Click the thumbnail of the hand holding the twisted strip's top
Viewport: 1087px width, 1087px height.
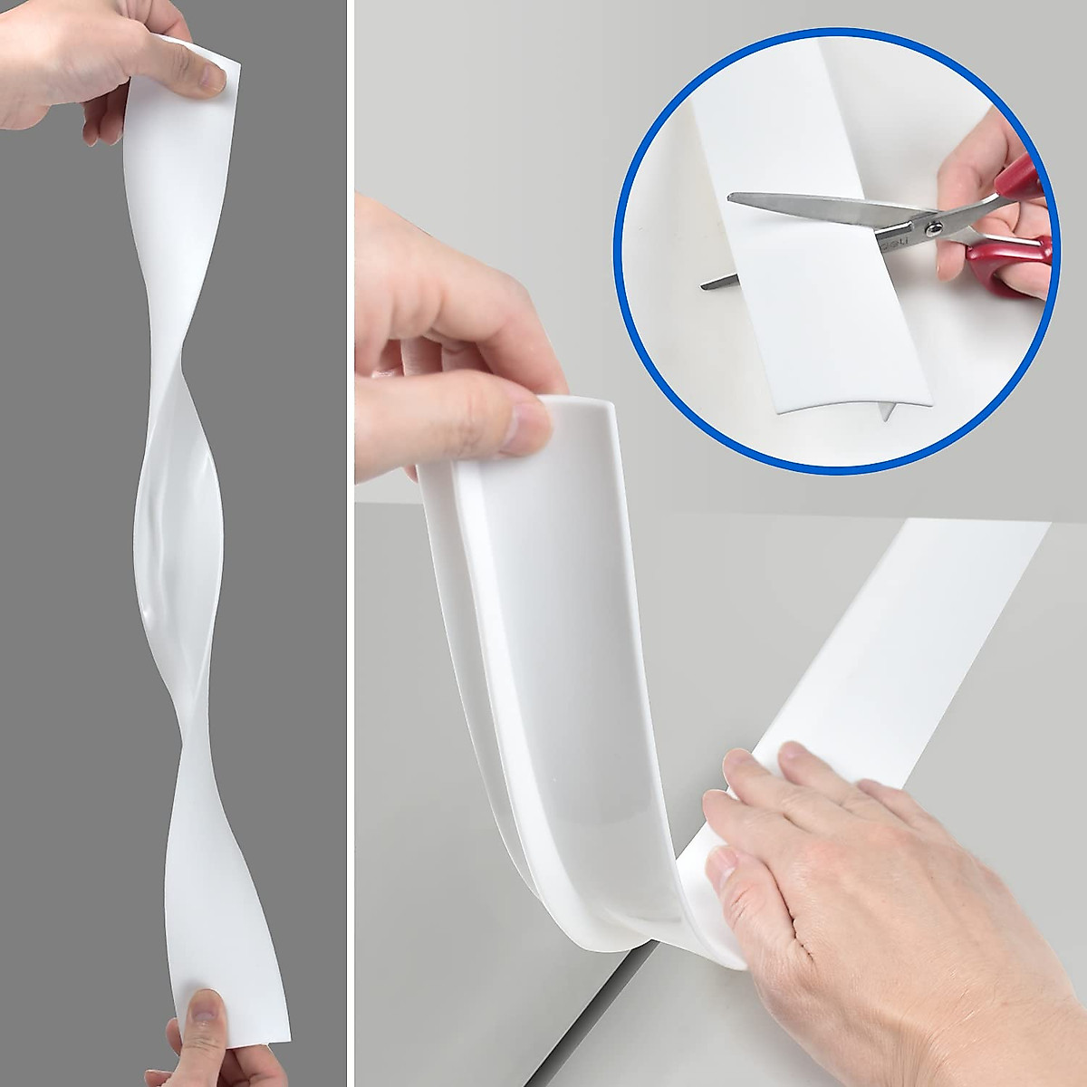click(x=211, y=80)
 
